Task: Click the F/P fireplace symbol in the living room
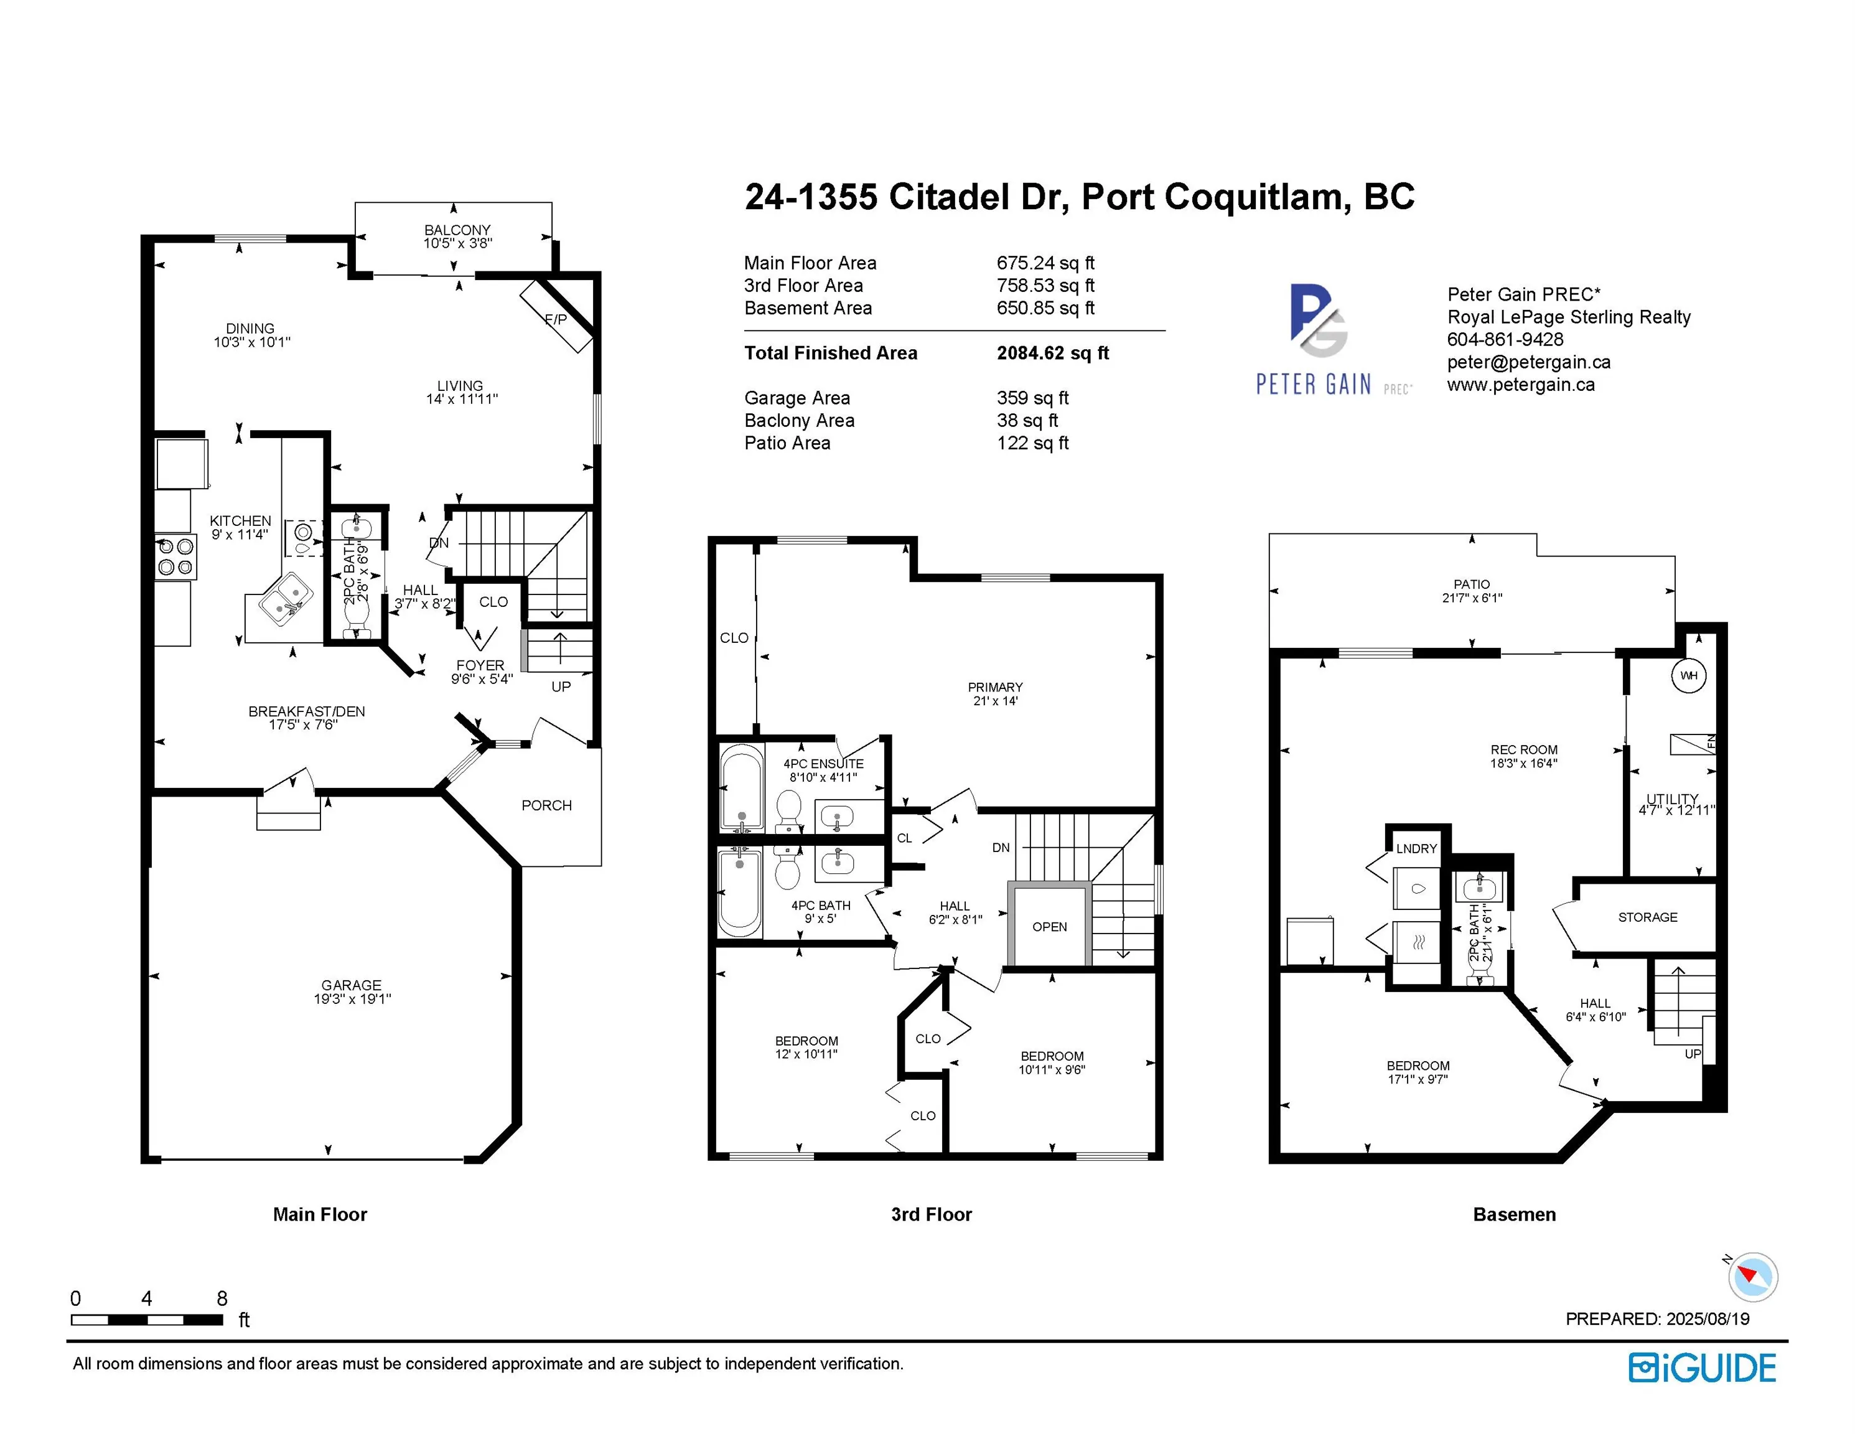point(556,317)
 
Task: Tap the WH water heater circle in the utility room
point(1688,675)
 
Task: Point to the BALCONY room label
point(457,230)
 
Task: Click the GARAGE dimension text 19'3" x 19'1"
point(352,999)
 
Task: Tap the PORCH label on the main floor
point(546,805)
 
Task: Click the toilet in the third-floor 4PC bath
point(788,871)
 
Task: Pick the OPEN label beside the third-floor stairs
point(1049,927)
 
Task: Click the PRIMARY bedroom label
point(994,687)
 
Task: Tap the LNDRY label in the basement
point(1416,849)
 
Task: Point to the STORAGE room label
point(1647,917)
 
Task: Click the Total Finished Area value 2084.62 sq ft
point(1052,354)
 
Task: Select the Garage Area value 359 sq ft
point(1032,398)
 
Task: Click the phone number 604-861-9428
point(1504,340)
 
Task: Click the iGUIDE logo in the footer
point(1701,1369)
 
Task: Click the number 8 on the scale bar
point(222,1298)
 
